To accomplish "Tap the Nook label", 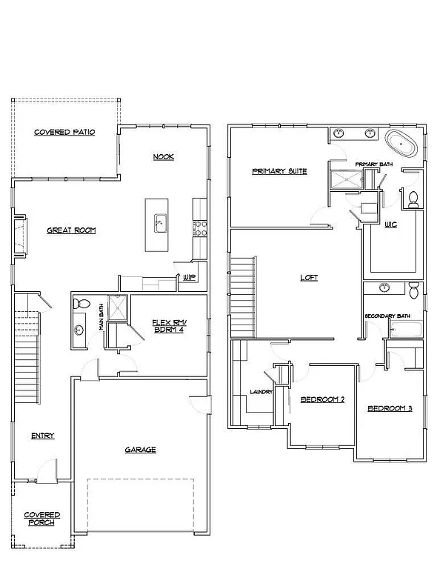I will (163, 156).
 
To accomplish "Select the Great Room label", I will (71, 230).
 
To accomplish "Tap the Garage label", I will (139, 449).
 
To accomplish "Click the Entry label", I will (42, 436).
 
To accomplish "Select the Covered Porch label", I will (41, 518).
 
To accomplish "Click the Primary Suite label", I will (279, 171).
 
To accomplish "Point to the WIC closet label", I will (390, 224).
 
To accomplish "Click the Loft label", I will (308, 278).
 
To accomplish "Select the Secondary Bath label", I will (387, 316).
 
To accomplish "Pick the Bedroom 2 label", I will (322, 400).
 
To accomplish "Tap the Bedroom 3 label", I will (390, 408).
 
